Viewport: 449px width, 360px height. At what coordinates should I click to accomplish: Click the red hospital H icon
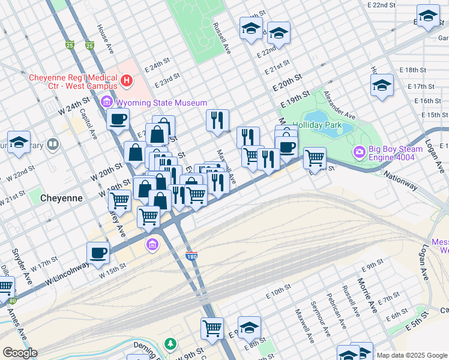(127, 80)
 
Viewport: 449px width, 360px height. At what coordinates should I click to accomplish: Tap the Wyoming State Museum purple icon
(108, 103)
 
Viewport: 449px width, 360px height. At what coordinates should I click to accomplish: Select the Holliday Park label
(317, 126)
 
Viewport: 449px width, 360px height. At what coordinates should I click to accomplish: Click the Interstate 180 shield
(191, 256)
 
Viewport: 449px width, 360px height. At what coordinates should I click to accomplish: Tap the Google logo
(19, 353)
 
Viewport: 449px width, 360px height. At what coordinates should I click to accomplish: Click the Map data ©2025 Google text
(411, 355)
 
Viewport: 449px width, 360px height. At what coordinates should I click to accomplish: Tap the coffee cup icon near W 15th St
(98, 253)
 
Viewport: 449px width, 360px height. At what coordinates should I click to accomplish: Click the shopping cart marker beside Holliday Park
(315, 159)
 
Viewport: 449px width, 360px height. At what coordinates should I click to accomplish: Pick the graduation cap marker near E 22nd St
(428, 16)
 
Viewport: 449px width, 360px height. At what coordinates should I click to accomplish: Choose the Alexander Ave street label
(340, 105)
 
